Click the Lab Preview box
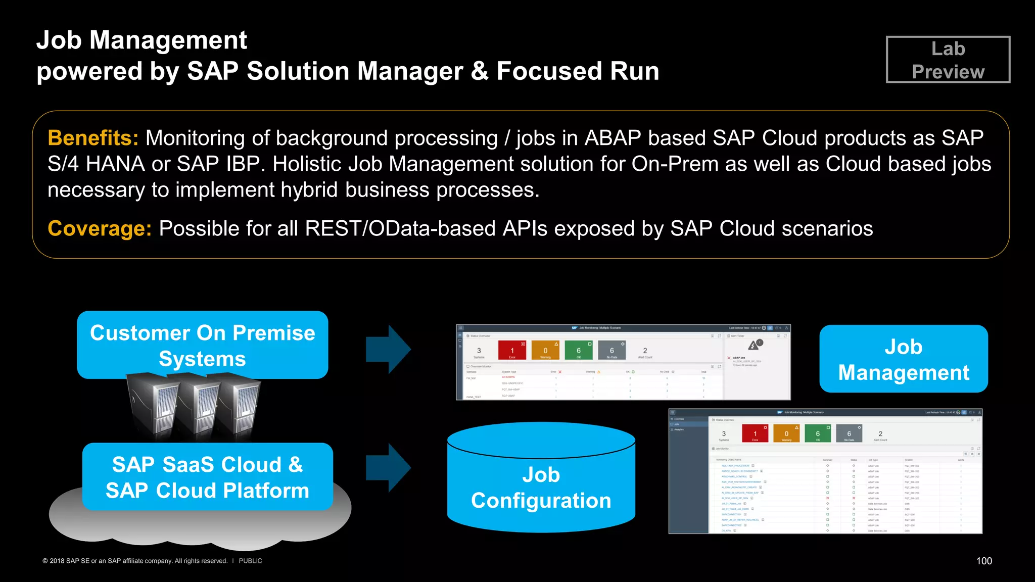(x=948, y=60)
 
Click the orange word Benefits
(x=93, y=138)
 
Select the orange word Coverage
(x=100, y=228)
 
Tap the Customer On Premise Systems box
(x=202, y=345)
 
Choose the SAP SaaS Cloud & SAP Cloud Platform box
(x=207, y=477)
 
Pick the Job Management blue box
(x=903, y=359)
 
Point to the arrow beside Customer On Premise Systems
(x=388, y=349)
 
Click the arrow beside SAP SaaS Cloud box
(x=388, y=467)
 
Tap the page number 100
(x=983, y=561)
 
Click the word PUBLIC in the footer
(x=250, y=561)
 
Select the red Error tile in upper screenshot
(x=512, y=350)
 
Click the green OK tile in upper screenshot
(x=579, y=350)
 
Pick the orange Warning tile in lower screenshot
(x=786, y=433)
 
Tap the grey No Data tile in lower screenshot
(x=849, y=433)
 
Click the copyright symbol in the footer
(x=45, y=561)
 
